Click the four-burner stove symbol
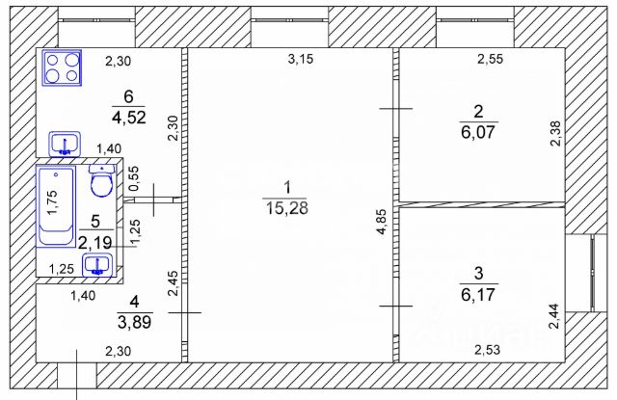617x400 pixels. click(x=62, y=67)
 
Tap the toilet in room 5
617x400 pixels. click(x=102, y=180)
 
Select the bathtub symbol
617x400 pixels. click(x=56, y=206)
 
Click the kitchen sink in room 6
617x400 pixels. click(x=65, y=144)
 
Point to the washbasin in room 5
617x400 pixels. click(x=97, y=265)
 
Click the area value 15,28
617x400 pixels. click(x=287, y=208)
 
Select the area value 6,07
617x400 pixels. click(x=478, y=132)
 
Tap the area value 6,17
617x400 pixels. click(x=478, y=294)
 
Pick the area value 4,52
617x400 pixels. click(x=128, y=118)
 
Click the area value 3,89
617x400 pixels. click(x=135, y=323)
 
